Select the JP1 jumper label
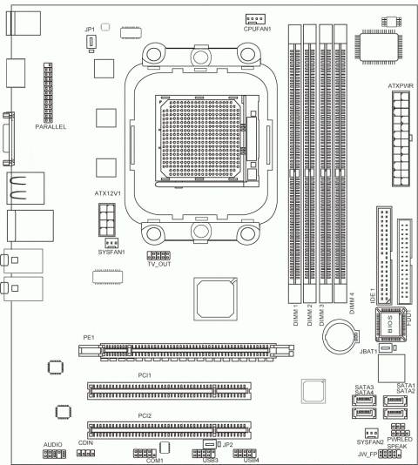[x=89, y=30]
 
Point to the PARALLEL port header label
[x=51, y=126]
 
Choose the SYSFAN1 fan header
[x=111, y=243]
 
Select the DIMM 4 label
[x=351, y=301]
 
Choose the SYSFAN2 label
[x=370, y=442]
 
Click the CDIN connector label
[x=85, y=443]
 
